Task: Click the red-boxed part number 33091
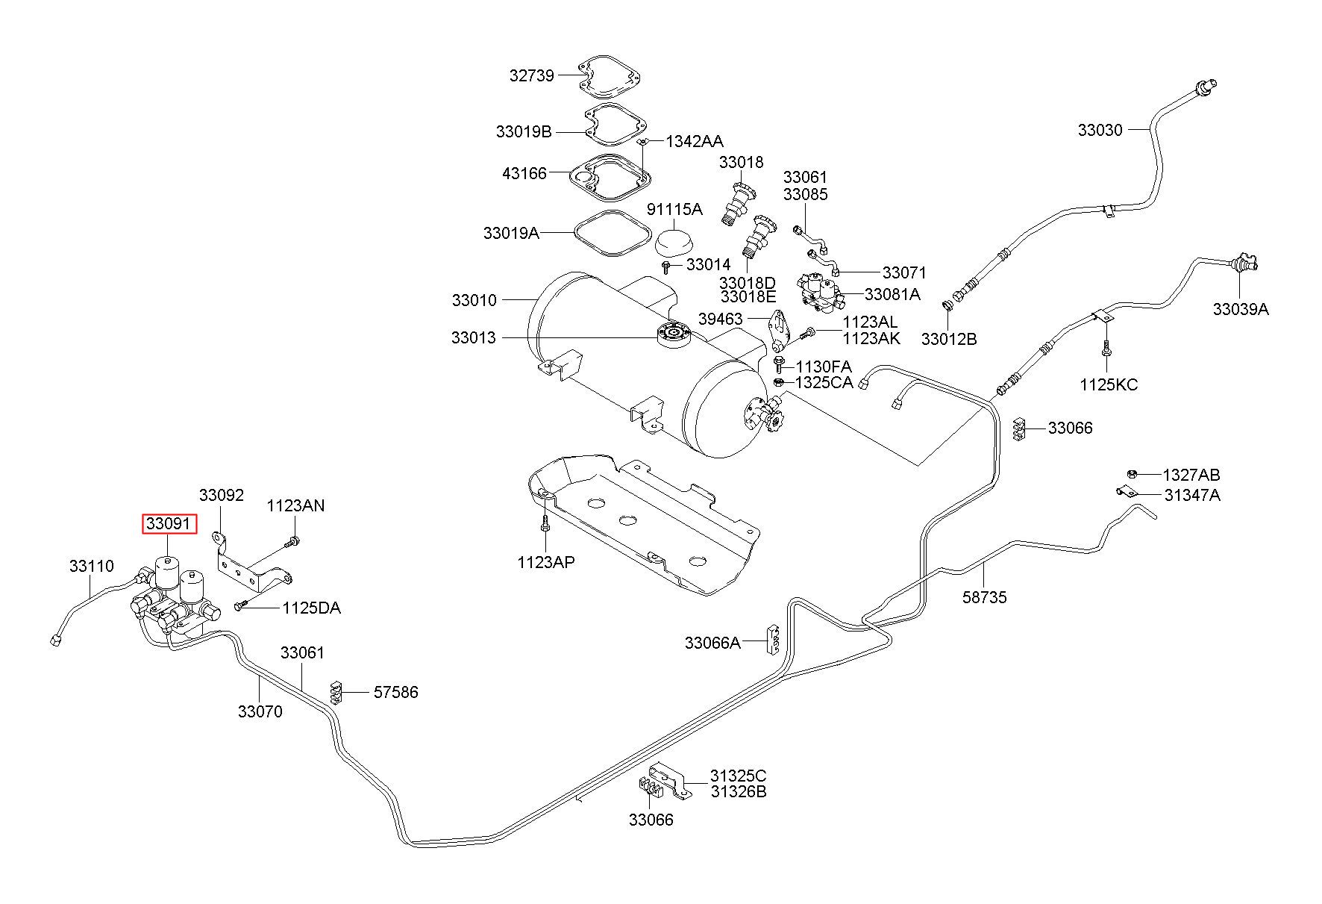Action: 170,524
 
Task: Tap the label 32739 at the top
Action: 533,75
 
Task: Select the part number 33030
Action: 1100,130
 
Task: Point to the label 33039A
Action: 1240,309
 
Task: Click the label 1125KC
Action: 1109,385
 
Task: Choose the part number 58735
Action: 984,597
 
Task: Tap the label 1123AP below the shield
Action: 546,562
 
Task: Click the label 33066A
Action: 712,642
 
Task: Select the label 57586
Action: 395,692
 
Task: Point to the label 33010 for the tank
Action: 474,300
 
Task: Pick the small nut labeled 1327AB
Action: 1131,473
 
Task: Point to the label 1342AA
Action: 695,141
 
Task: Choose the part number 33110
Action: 92,566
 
